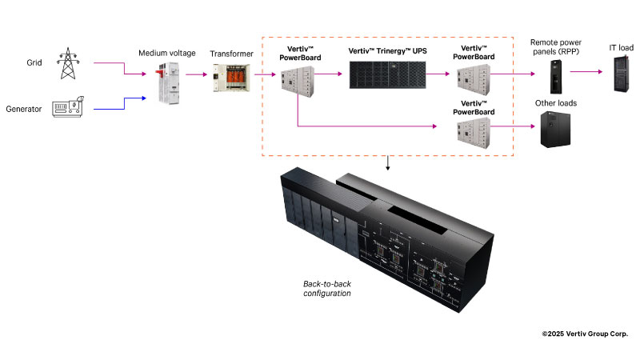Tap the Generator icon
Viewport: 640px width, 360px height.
(70, 109)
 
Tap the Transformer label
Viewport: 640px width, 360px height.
(232, 54)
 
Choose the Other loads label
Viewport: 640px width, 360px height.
(556, 103)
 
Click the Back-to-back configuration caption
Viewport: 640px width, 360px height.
(327, 289)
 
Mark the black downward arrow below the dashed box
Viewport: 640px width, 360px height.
(389, 164)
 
